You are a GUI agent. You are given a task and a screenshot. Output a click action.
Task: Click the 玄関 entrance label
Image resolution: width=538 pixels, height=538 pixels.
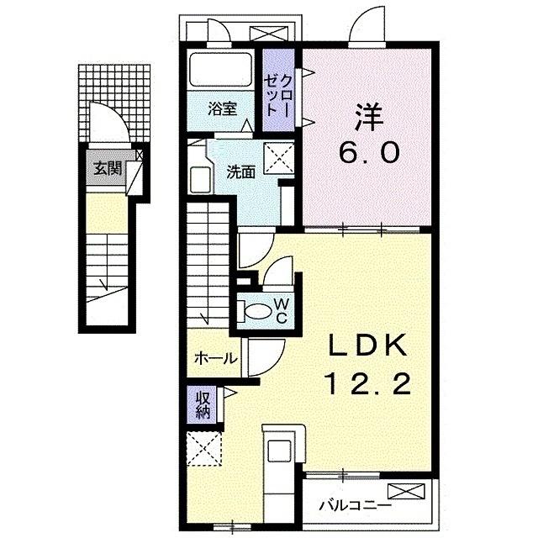click(107, 168)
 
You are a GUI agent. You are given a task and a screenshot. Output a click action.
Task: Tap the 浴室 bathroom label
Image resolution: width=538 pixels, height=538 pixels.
click(224, 108)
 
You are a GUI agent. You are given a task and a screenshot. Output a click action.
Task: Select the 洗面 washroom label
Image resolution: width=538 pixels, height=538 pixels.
click(240, 172)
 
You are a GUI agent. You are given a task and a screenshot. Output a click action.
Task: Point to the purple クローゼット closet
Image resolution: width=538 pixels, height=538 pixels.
click(281, 91)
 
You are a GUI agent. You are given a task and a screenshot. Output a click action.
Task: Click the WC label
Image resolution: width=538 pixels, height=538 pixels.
click(281, 309)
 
